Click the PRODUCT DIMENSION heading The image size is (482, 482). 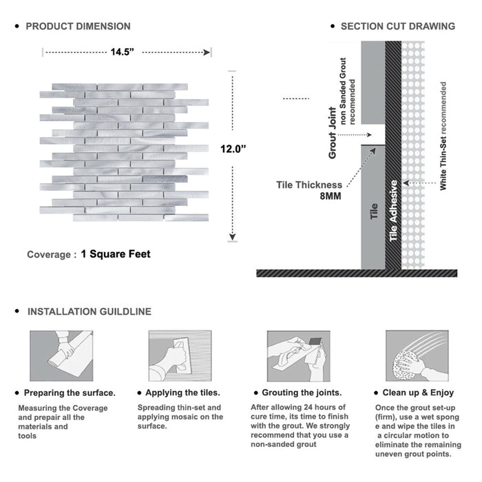78,26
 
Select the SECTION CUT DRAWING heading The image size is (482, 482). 397,26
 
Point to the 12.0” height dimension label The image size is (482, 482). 234,149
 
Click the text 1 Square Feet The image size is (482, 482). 115,254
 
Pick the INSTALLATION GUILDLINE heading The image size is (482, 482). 89,311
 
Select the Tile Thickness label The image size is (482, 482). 309,185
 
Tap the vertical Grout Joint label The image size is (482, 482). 333,133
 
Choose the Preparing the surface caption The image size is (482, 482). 70,392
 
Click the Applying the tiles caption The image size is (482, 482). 179,392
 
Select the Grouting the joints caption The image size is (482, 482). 302,392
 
